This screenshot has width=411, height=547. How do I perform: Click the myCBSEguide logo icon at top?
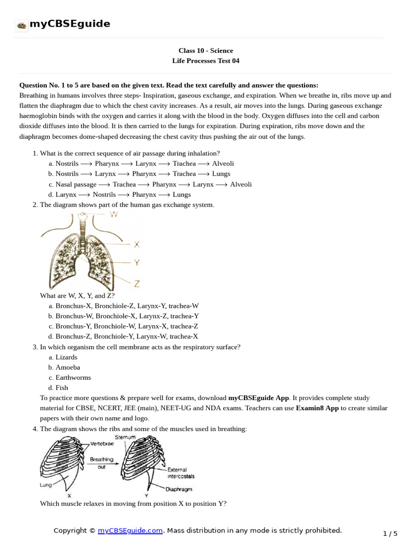[21, 25]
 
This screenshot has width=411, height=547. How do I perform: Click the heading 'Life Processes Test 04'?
[205, 61]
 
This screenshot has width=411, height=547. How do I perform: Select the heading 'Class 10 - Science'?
[205, 51]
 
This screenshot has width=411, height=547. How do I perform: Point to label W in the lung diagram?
[113, 214]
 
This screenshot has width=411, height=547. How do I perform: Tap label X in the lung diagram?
[136, 245]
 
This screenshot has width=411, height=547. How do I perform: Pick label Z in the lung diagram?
[137, 284]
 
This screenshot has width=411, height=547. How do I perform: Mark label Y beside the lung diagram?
[136, 262]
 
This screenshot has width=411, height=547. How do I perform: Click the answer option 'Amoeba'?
[67, 368]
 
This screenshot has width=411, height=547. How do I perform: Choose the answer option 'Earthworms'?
[73, 378]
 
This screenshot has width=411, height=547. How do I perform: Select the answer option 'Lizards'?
[66, 357]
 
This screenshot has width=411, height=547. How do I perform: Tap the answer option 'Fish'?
[62, 388]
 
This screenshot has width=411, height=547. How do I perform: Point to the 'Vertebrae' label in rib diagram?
[101, 444]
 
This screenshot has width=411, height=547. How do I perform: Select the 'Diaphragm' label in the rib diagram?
[179, 489]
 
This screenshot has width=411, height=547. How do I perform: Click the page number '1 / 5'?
[390, 534]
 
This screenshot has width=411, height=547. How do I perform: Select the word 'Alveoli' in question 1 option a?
[223, 163]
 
